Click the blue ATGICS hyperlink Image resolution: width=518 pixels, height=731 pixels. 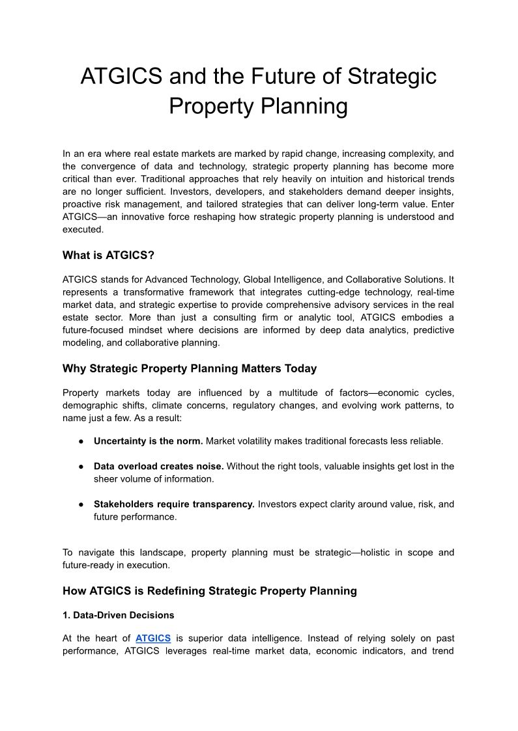[x=153, y=639]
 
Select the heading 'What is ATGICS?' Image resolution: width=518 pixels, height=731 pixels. [x=108, y=255]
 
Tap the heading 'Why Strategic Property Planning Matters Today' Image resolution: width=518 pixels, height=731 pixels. [x=190, y=368]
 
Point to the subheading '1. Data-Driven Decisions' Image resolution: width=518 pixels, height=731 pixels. [x=118, y=614]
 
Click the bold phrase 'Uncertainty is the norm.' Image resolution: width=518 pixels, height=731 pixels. [x=148, y=441]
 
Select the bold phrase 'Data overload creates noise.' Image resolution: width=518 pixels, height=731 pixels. [x=158, y=466]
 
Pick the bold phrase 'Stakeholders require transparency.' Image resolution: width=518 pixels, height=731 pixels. [x=174, y=504]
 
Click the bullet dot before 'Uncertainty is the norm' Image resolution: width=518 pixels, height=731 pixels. [x=81, y=441]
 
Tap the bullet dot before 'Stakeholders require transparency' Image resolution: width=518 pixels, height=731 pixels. [x=81, y=504]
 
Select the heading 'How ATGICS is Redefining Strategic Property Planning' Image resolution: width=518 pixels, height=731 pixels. [x=210, y=591]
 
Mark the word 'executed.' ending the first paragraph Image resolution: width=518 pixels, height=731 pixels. [x=83, y=229]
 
